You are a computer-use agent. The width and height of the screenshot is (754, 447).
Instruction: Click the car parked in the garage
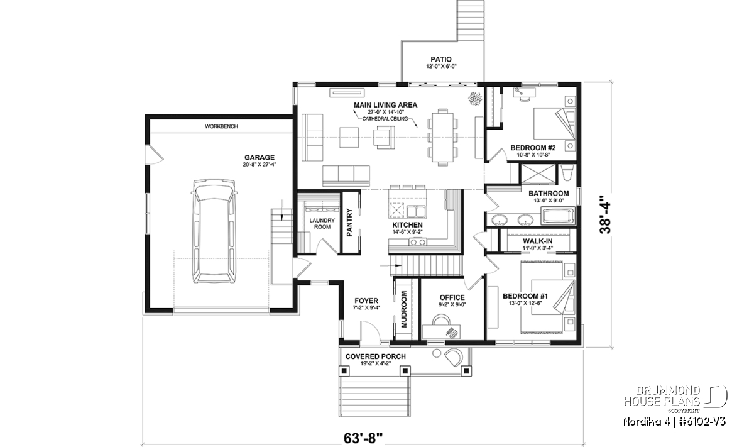pyautogui.click(x=213, y=231)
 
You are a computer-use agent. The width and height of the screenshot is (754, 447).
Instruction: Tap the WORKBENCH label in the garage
pyautogui.click(x=221, y=126)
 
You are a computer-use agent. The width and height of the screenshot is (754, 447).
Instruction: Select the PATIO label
pyautogui.click(x=441, y=59)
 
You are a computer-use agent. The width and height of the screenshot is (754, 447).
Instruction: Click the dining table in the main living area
pyautogui.click(x=442, y=137)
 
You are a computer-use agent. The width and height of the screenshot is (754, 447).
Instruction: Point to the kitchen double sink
pyautogui.click(x=417, y=211)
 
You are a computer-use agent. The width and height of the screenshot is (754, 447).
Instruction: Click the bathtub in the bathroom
pyautogui.click(x=558, y=216)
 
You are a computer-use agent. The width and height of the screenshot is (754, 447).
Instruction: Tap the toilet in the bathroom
pyautogui.click(x=567, y=173)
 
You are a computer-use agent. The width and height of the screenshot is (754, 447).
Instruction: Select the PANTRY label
pyautogui.click(x=349, y=222)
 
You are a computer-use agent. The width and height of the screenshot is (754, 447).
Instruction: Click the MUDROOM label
pyautogui.click(x=404, y=309)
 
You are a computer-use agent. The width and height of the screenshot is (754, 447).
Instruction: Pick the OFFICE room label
pyautogui.click(x=452, y=297)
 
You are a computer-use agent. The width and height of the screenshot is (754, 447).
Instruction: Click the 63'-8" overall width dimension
pyautogui.click(x=363, y=438)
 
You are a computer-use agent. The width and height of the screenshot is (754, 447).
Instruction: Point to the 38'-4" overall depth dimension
pyautogui.click(x=604, y=215)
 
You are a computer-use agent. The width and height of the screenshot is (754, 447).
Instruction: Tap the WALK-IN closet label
pyautogui.click(x=538, y=241)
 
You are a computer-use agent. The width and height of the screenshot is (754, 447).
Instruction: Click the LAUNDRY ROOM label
pyautogui.click(x=322, y=223)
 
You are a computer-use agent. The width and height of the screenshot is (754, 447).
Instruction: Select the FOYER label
pyautogui.click(x=366, y=301)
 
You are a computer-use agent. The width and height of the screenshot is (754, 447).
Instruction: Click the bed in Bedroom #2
pyautogui.click(x=554, y=123)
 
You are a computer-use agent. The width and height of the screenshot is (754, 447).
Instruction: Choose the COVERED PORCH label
pyautogui.click(x=376, y=356)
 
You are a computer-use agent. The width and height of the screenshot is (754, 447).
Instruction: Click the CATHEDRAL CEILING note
pyautogui.click(x=385, y=119)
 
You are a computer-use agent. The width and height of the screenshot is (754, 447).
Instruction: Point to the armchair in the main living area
pyautogui.click(x=384, y=137)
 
